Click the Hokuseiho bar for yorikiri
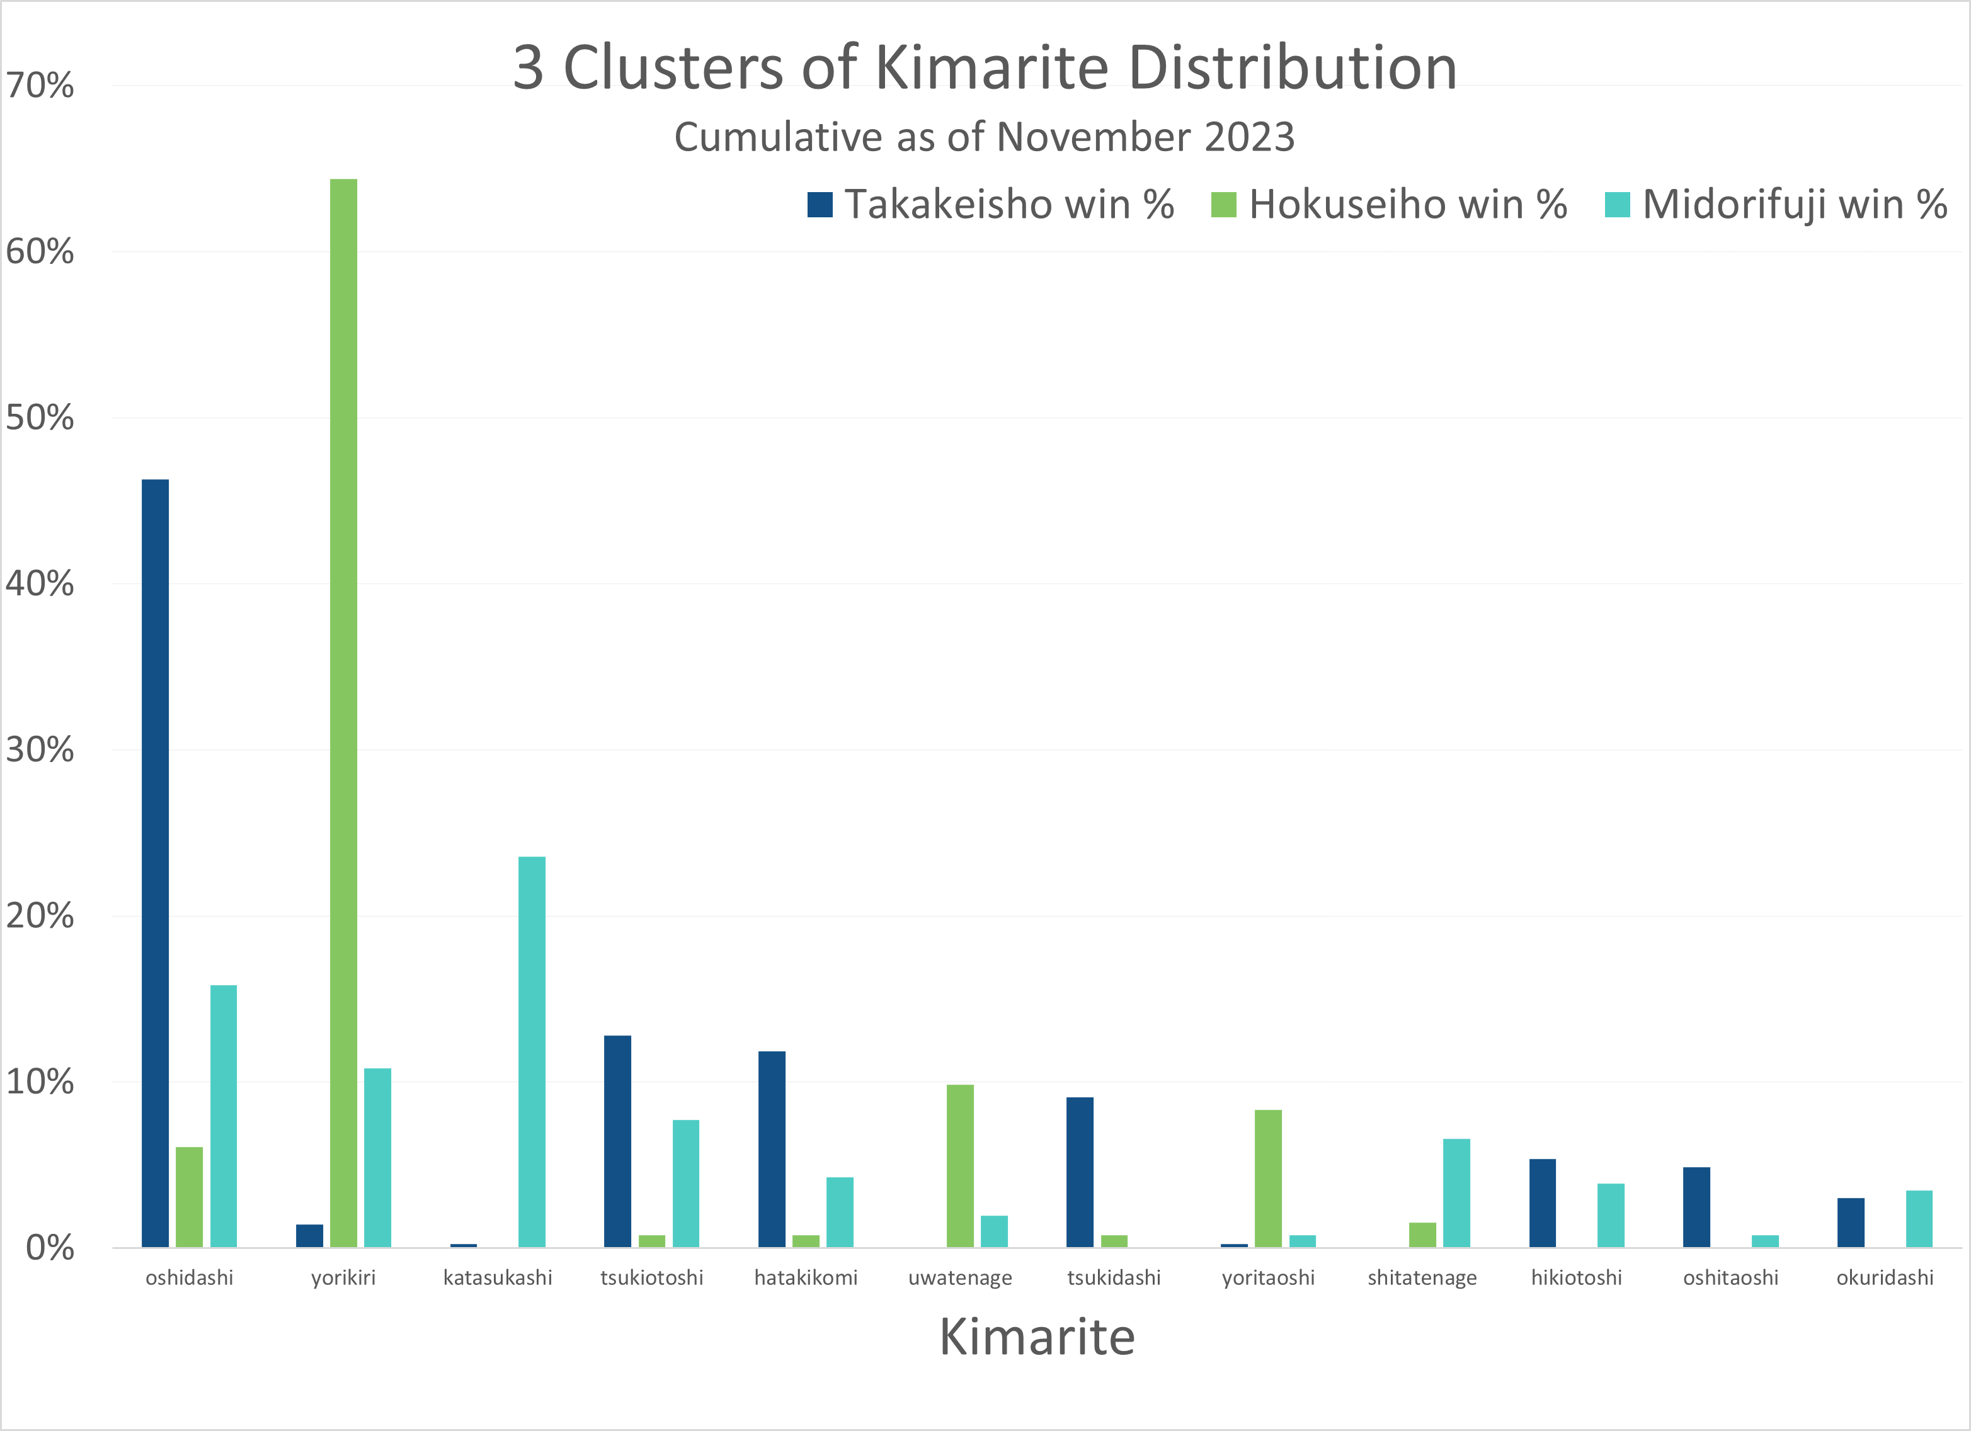(343, 712)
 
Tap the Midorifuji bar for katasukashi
(532, 1051)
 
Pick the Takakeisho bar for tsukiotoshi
(618, 1141)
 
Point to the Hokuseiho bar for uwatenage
(960, 1165)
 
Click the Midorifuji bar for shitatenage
(1456, 1192)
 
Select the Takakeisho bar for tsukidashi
(1080, 1172)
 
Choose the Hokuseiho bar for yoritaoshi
(1268, 1178)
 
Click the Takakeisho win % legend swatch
(820, 205)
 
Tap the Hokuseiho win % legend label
(1408, 205)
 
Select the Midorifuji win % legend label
(1795, 205)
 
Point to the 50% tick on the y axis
(40, 418)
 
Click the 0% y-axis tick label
(50, 1248)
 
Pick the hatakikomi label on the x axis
(806, 1277)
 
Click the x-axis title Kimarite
(1037, 1337)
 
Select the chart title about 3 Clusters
(985, 68)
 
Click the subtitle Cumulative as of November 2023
(985, 137)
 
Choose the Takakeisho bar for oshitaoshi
(1696, 1207)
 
